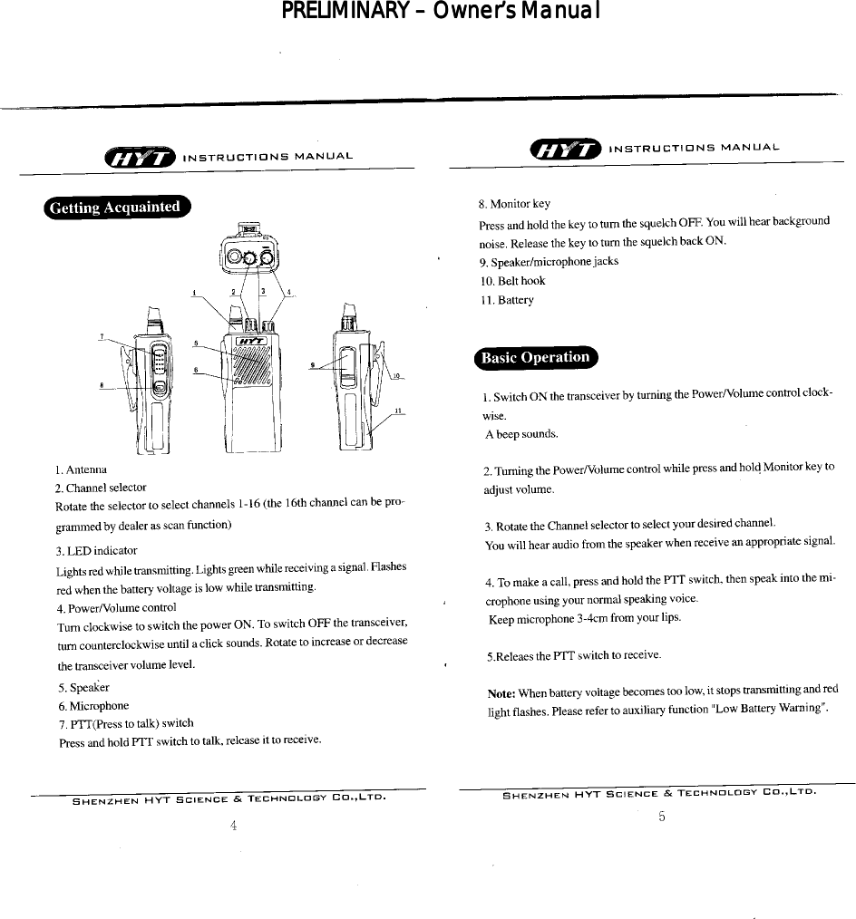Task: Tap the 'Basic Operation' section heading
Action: tap(534, 357)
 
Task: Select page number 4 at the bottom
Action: tap(234, 825)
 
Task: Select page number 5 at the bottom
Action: tap(662, 817)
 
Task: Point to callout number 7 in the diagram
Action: tap(102, 336)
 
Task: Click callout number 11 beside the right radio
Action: tap(397, 411)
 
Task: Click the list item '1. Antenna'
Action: tap(81, 469)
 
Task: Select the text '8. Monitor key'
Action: tap(514, 204)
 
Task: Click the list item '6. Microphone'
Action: tap(93, 705)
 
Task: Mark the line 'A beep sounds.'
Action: tap(520, 434)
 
